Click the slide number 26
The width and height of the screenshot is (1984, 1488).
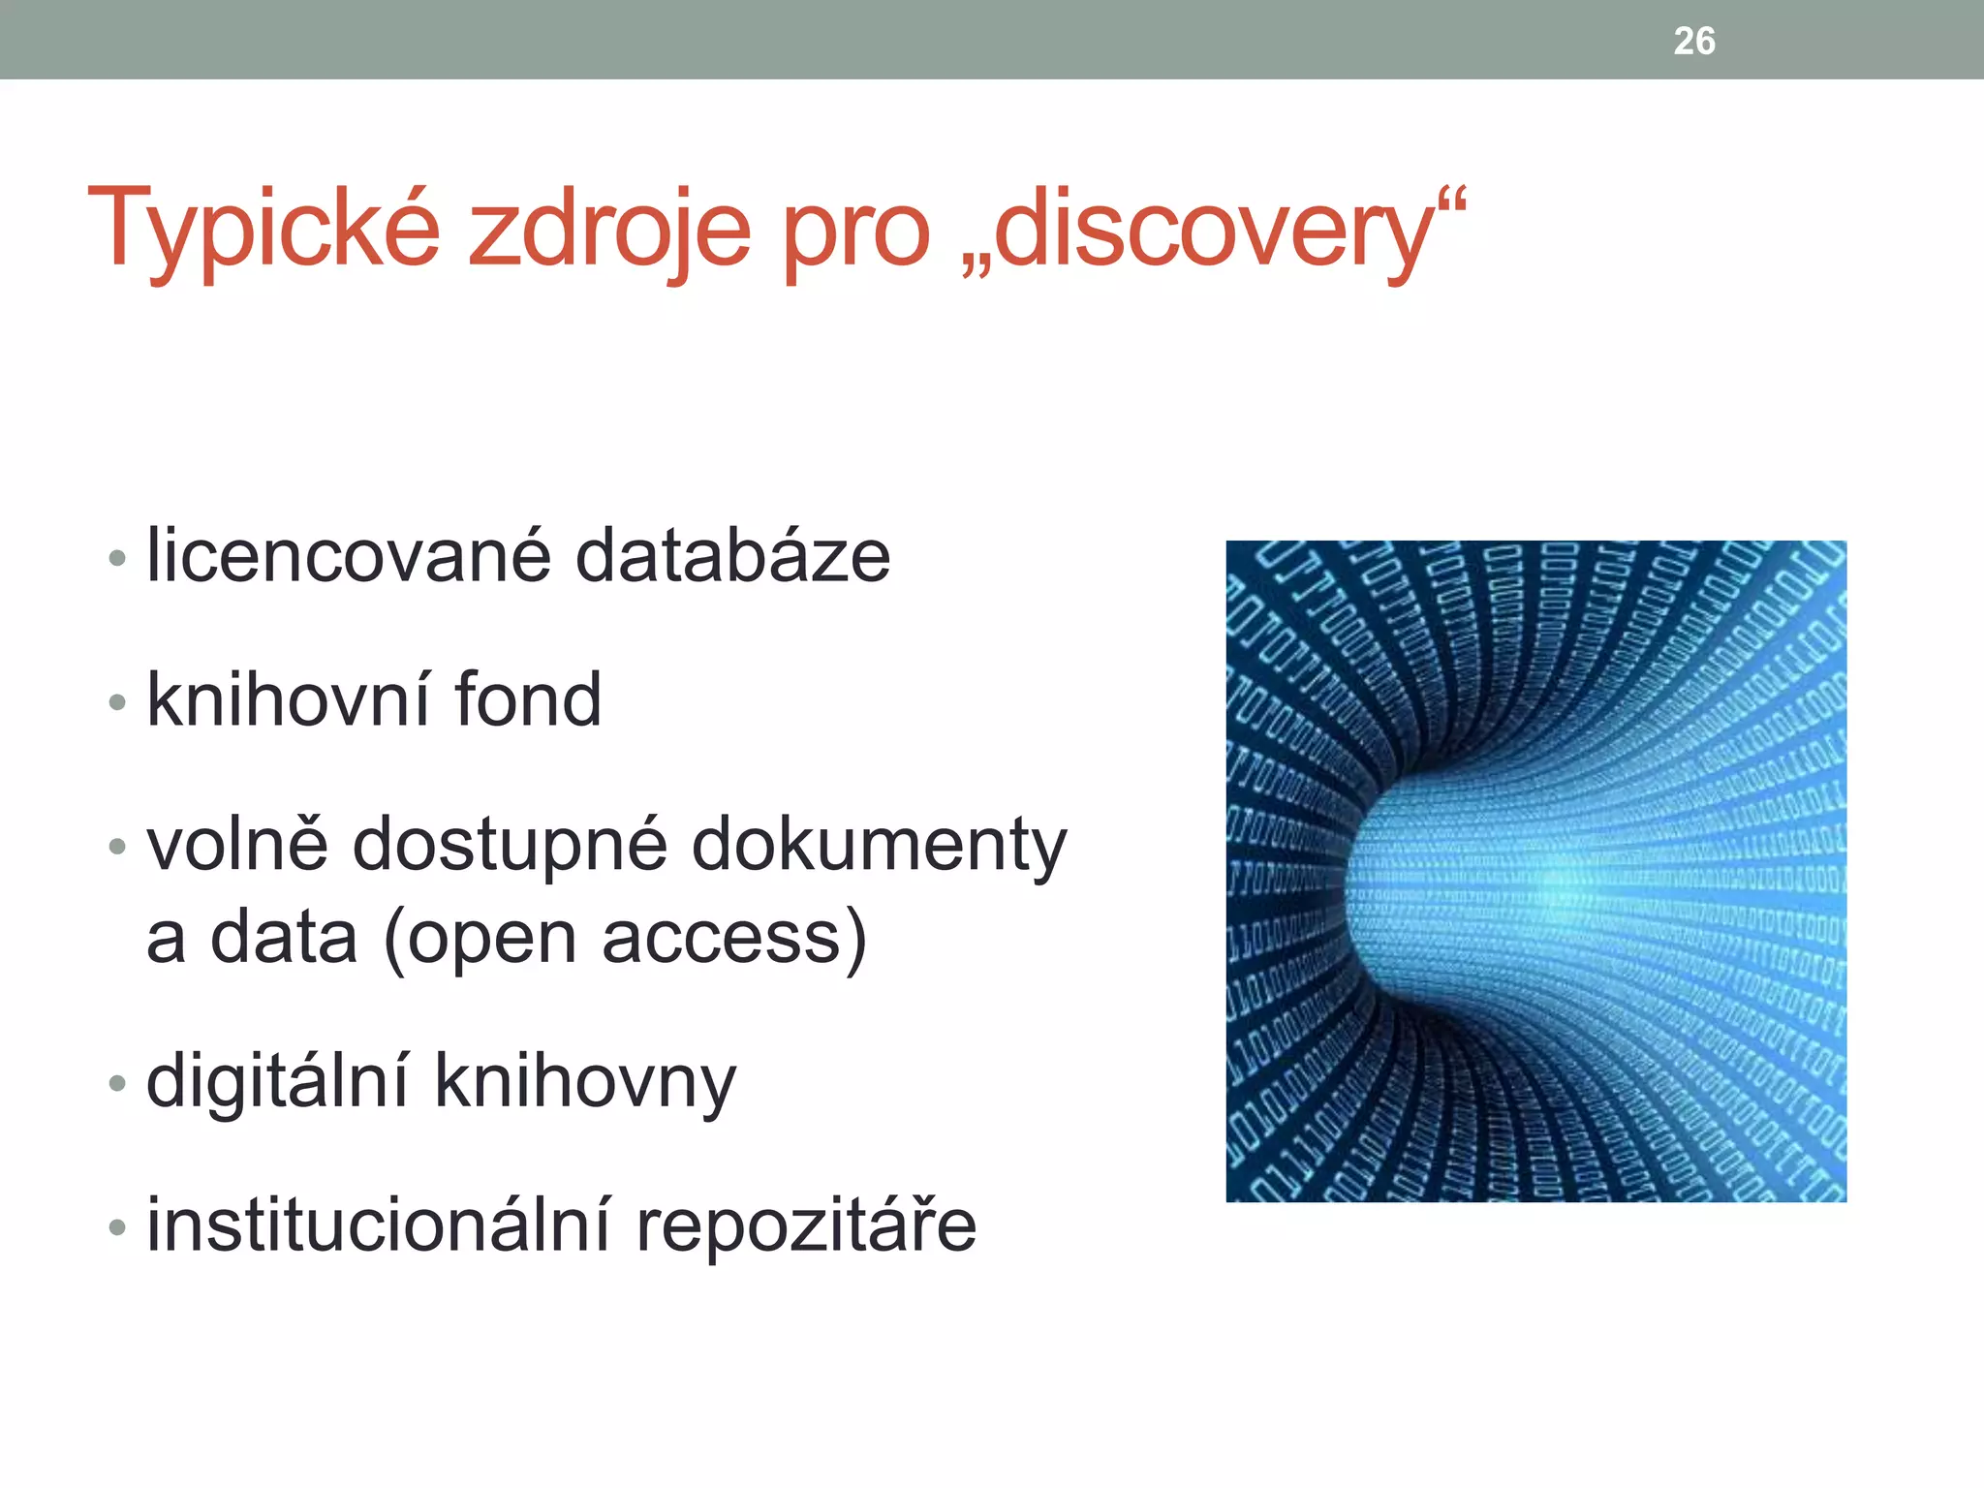(x=1694, y=42)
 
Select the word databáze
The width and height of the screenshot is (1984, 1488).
(x=732, y=556)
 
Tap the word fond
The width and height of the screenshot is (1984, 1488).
(x=528, y=699)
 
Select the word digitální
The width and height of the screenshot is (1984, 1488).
(x=277, y=1081)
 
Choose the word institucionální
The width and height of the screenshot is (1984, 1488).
(x=379, y=1224)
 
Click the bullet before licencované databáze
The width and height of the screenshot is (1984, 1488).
(x=117, y=558)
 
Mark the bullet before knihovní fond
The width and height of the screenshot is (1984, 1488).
(x=117, y=701)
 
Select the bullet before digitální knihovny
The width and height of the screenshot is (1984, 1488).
(x=117, y=1083)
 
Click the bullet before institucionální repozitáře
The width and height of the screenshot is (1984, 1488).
(x=117, y=1227)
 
